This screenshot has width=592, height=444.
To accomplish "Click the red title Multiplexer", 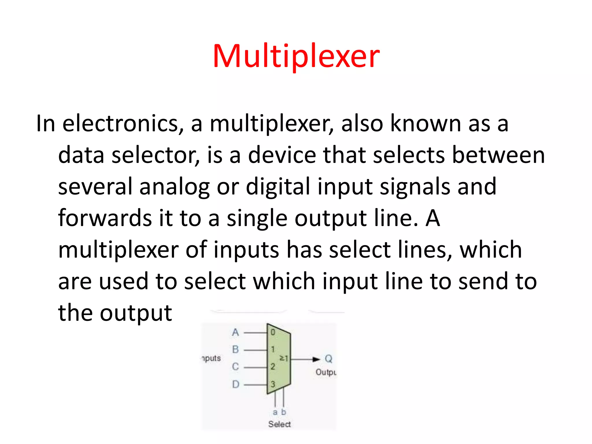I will pyautogui.click(x=296, y=56).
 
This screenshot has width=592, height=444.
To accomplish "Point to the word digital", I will pyautogui.click(x=278, y=186).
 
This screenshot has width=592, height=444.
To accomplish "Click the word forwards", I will pyautogui.click(x=105, y=218).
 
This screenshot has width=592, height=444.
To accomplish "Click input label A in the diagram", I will pyautogui.click(x=236, y=332).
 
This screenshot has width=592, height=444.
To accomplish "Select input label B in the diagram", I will pyautogui.click(x=236, y=349).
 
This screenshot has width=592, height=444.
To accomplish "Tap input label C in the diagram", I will pyautogui.click(x=236, y=367).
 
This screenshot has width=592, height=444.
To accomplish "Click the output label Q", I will pyautogui.click(x=329, y=359).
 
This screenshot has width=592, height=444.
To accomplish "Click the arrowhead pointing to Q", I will pyautogui.click(x=317, y=359).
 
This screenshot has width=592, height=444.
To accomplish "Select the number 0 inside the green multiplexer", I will pyautogui.click(x=273, y=332).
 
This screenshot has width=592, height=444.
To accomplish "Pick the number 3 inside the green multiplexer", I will pyautogui.click(x=273, y=384).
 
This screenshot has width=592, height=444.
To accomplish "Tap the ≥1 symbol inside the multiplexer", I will pyautogui.click(x=284, y=358).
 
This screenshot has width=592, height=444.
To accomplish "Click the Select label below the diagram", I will pyautogui.click(x=279, y=424).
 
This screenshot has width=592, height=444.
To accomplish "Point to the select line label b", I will pyautogui.click(x=284, y=412).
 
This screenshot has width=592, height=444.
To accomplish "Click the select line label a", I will pyautogui.click(x=275, y=412).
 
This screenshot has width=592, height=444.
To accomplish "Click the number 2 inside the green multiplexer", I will pyautogui.click(x=273, y=367).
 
